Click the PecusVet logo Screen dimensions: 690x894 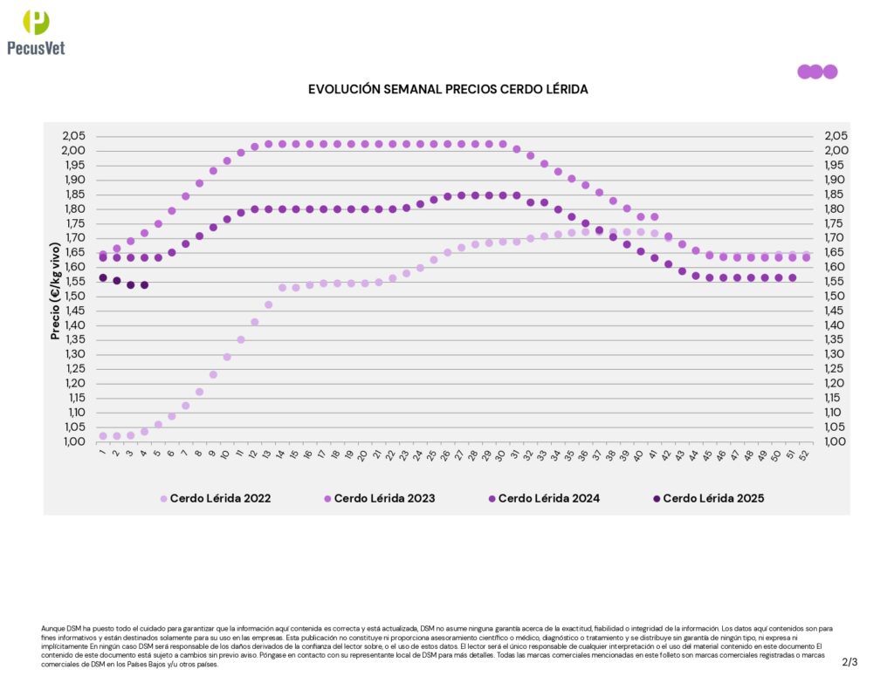tap(36, 32)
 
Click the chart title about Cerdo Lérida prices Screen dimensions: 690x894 tap(448, 90)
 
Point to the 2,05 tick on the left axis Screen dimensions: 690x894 tap(74, 136)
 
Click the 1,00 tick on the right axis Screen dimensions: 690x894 tap(836, 441)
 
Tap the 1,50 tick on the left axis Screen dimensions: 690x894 tap(74, 297)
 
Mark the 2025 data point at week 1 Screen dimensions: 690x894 tap(103, 277)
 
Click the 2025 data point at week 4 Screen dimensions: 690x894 tap(144, 285)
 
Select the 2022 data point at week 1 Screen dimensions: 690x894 tap(103, 435)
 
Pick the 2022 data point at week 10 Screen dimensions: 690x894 tap(227, 357)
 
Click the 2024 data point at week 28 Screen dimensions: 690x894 tap(475, 195)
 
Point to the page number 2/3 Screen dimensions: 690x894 tap(849, 662)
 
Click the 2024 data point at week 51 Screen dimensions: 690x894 tap(792, 278)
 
